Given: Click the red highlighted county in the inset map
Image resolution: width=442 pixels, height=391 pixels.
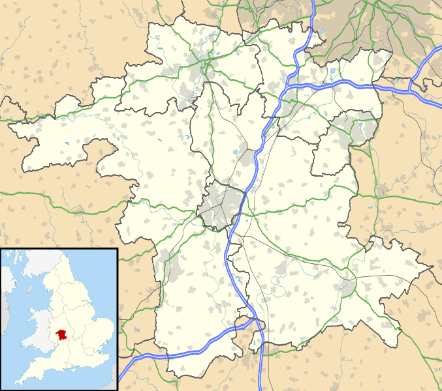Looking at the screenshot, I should pos(62,334).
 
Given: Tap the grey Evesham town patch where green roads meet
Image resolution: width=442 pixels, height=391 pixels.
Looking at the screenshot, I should pos(347,285).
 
